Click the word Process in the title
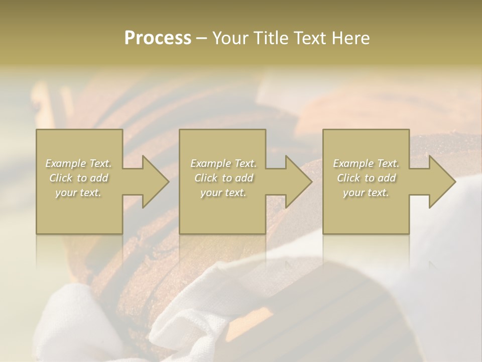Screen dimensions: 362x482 [158, 38]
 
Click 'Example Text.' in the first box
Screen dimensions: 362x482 [79, 163]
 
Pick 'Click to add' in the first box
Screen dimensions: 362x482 [79, 178]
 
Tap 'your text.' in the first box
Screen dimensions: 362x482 [79, 193]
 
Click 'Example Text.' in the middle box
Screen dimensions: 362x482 [223, 163]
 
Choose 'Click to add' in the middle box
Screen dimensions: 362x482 [223, 178]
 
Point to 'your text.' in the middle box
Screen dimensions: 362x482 [223, 193]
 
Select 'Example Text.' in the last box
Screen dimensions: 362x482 [366, 163]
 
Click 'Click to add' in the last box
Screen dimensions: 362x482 [366, 178]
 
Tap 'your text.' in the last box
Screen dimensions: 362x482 [366, 193]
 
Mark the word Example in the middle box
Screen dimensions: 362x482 [211, 163]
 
